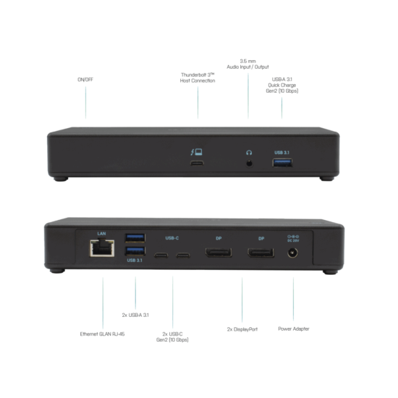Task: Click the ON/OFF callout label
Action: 85,80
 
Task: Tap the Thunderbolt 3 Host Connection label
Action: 198,77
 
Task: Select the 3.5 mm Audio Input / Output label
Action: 247,64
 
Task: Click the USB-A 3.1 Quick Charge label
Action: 282,85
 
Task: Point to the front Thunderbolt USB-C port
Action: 197,164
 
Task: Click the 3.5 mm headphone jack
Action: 250,164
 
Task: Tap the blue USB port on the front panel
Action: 282,163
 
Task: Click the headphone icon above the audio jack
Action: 249,153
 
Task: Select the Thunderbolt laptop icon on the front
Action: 196,152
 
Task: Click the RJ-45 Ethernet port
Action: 102,248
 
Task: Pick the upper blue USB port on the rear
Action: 135,238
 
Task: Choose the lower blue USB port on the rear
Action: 135,251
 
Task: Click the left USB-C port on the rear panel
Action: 161,255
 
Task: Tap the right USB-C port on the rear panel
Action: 183,255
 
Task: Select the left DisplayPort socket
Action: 219,253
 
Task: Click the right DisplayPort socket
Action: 261,253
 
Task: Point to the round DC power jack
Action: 292,253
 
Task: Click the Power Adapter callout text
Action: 294,329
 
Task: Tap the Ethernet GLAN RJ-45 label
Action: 102,334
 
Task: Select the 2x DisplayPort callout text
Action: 242,329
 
